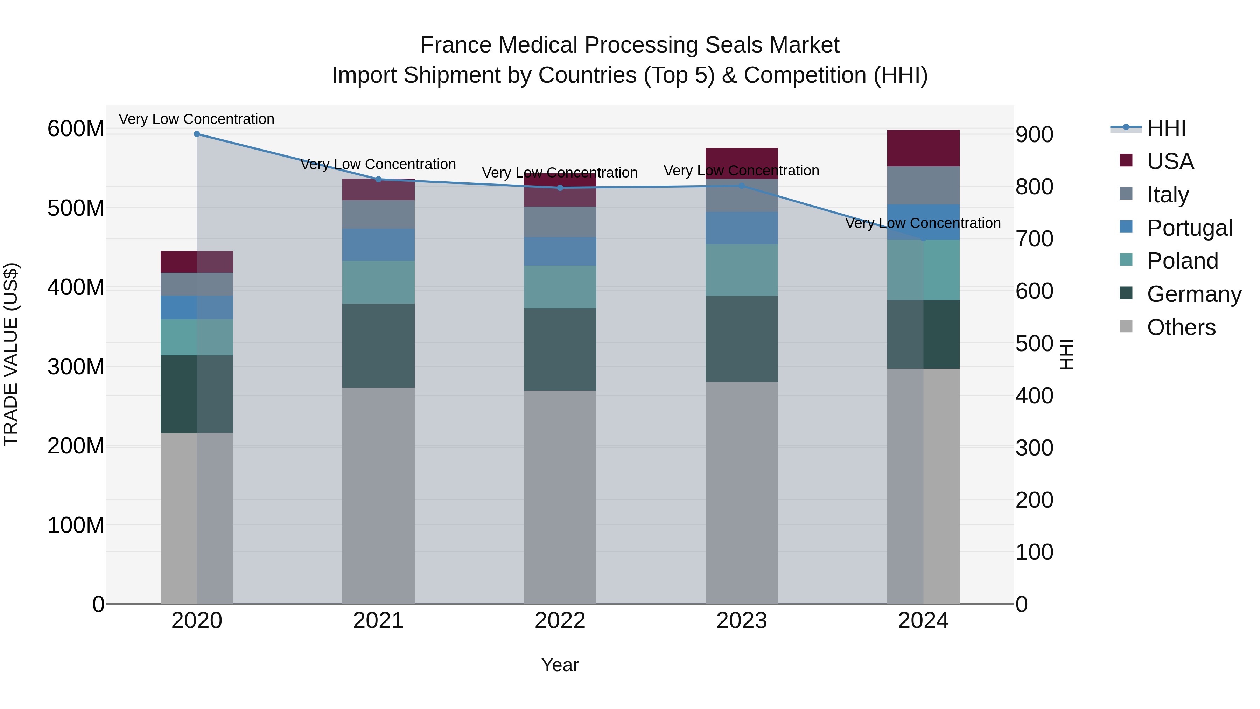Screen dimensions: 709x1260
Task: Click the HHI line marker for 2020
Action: pyautogui.click(x=197, y=134)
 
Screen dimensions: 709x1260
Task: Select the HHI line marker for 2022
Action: pyautogui.click(x=560, y=188)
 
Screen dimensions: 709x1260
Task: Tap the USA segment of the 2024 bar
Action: pyautogui.click(x=923, y=148)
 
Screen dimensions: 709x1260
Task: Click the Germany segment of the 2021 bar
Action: pyautogui.click(x=378, y=346)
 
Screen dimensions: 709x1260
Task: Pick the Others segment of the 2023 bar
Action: pyautogui.click(x=742, y=493)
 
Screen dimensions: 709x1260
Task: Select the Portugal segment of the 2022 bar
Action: pyautogui.click(x=560, y=251)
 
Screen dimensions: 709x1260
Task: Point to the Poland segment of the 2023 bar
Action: pyautogui.click(x=742, y=270)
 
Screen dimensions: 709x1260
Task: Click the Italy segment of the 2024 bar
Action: pyautogui.click(x=923, y=186)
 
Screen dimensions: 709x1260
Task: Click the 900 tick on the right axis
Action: pyautogui.click(x=1034, y=134)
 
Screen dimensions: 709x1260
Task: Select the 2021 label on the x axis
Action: pyautogui.click(x=378, y=621)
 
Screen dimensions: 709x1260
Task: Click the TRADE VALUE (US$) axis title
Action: pyautogui.click(x=11, y=354)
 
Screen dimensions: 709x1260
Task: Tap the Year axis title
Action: pyautogui.click(x=560, y=665)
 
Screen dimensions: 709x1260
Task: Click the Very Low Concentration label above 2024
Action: pyautogui.click(x=923, y=223)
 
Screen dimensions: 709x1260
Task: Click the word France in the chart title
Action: pyautogui.click(x=455, y=45)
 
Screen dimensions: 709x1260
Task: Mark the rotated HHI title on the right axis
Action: pyautogui.click(x=1066, y=354)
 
